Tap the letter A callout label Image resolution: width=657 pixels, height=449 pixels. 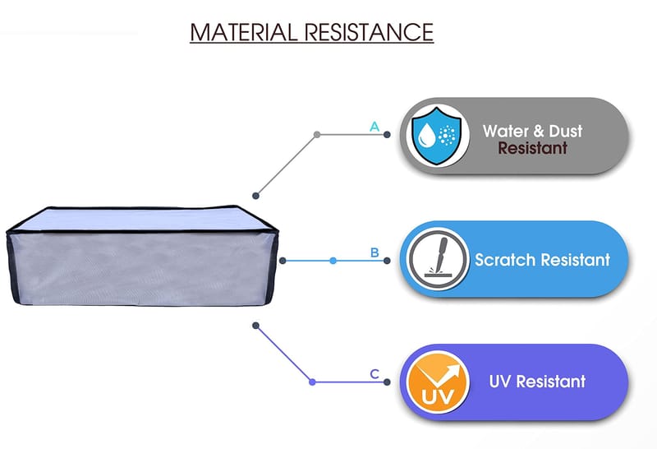374,127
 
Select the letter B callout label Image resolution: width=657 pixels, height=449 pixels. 374,252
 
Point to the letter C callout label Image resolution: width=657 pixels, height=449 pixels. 374,374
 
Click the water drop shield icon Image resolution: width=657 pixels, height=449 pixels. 434,136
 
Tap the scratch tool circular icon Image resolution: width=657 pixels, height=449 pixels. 434,260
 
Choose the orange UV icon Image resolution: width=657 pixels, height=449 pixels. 434,382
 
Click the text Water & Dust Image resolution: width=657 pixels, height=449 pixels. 531,131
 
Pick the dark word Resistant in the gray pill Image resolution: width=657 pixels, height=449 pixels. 532,149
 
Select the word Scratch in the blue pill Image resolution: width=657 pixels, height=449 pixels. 504,260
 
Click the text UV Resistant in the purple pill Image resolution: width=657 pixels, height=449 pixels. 537,382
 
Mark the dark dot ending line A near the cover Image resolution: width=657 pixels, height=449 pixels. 256,196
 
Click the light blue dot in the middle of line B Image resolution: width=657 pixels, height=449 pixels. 333,261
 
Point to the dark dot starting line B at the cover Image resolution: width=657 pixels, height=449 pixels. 283,261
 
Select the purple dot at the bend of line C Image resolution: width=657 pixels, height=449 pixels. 312,382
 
